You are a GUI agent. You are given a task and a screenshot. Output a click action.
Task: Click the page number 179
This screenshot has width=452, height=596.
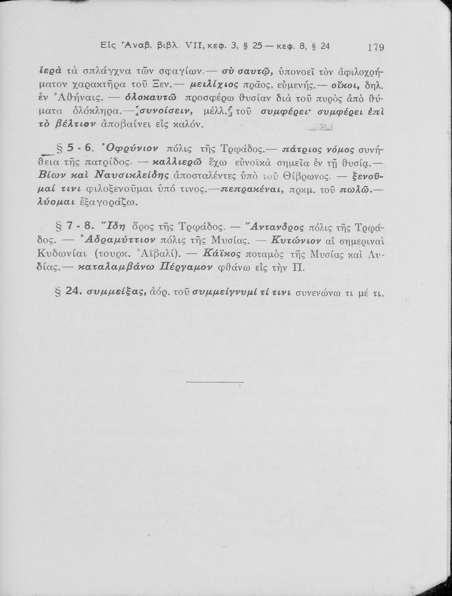tap(375, 48)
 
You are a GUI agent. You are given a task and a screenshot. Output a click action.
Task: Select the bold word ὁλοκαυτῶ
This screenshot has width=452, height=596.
tap(149, 98)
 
